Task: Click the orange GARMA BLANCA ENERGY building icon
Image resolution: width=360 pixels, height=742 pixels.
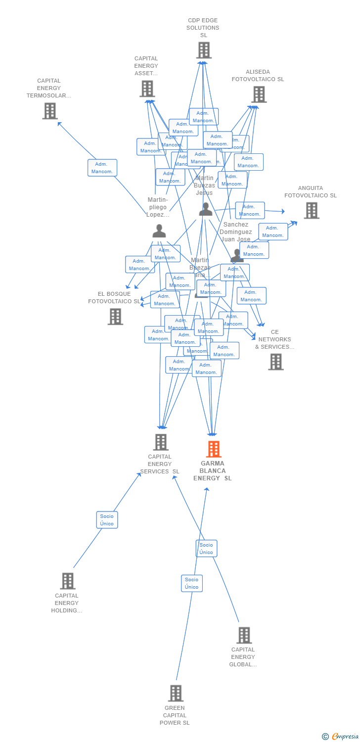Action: (x=213, y=449)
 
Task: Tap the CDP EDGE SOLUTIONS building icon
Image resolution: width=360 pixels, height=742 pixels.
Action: (x=204, y=50)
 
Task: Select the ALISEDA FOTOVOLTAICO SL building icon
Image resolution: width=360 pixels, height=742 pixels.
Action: (x=259, y=94)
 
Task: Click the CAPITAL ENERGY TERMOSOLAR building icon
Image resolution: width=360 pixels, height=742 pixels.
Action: (x=50, y=111)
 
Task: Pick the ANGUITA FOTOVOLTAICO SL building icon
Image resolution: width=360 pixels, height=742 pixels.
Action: (x=311, y=211)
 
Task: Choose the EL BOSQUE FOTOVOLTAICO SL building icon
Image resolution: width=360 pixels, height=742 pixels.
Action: (x=115, y=317)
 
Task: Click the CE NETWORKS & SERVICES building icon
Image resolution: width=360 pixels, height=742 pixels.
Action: (x=276, y=362)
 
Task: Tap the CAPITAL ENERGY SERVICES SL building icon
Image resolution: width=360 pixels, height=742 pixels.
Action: (x=161, y=442)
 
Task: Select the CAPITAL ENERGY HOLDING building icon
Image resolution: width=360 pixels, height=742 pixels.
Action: (x=68, y=581)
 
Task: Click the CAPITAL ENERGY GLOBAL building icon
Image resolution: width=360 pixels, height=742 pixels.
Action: (x=244, y=635)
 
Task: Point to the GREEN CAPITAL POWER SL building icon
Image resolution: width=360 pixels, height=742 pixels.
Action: (x=176, y=694)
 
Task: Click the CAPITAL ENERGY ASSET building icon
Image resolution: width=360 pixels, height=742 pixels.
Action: (x=147, y=89)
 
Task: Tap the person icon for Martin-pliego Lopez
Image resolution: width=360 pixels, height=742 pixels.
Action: (x=159, y=231)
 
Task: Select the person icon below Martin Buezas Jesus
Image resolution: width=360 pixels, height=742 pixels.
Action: (x=205, y=209)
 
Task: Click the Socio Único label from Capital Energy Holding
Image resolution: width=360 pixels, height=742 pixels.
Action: (x=107, y=520)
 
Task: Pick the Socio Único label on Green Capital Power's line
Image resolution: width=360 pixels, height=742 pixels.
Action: (x=191, y=583)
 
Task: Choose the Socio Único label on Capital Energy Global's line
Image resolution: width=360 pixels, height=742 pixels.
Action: (x=206, y=549)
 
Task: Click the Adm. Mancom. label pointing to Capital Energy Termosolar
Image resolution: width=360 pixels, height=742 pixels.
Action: (x=102, y=168)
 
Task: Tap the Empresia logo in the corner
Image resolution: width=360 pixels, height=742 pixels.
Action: (x=341, y=736)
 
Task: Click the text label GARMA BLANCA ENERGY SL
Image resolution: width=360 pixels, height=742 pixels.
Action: (x=213, y=471)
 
